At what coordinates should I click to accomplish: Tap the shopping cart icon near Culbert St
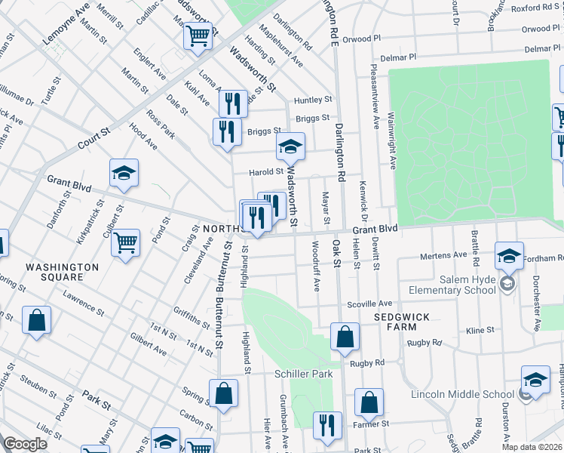[x=126, y=243]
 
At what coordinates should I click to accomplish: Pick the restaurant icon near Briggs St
[x=227, y=132]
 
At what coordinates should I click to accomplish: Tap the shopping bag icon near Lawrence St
[x=36, y=320]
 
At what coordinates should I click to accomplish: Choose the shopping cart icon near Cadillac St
[x=198, y=35]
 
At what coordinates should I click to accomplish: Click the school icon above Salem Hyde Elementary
[x=510, y=255]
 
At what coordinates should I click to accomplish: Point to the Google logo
[x=25, y=444]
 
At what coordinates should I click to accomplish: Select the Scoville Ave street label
[x=369, y=304]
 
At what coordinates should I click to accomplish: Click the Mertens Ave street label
[x=444, y=255]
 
